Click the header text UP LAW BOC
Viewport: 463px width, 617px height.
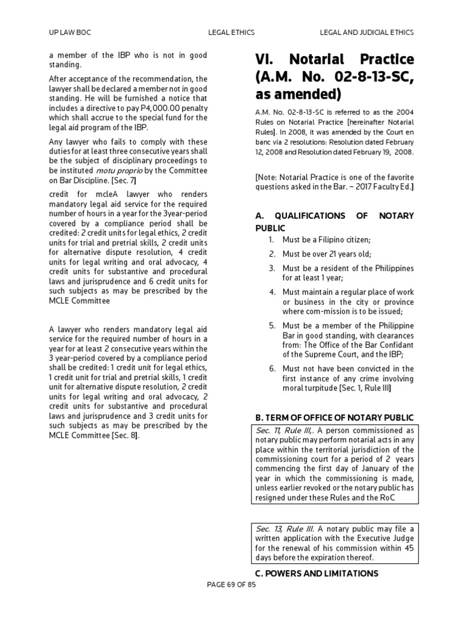(70, 32)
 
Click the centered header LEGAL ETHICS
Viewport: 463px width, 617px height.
(231, 32)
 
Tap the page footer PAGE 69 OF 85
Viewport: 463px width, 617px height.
(231, 585)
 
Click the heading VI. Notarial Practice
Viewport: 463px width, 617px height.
(335, 60)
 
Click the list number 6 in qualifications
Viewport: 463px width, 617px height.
(272, 368)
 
